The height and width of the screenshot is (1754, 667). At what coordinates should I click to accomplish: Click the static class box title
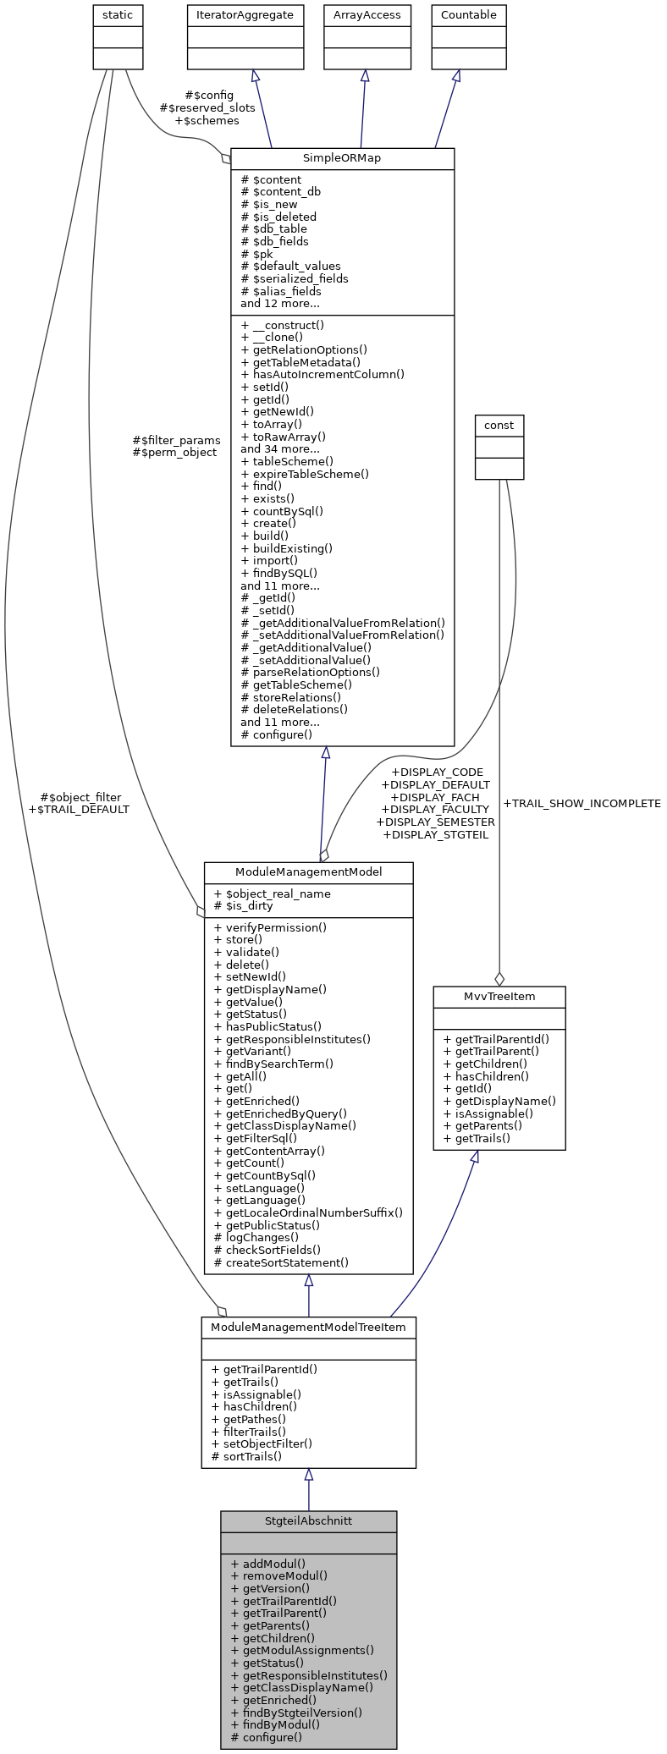117,15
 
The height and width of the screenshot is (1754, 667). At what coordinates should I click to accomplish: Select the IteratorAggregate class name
245,15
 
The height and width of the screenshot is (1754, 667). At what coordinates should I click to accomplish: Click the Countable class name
468,15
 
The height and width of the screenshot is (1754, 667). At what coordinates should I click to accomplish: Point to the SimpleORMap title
342,158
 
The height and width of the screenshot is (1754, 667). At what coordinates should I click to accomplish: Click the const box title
499,425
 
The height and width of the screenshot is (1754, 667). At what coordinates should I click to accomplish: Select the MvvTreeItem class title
499,996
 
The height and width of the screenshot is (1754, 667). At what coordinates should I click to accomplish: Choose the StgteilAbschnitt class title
308,1520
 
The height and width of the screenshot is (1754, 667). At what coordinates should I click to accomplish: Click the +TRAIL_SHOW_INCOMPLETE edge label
582,803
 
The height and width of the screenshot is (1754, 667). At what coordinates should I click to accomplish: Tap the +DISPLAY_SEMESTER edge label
435,822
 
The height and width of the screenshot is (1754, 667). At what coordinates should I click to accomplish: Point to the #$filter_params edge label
176,440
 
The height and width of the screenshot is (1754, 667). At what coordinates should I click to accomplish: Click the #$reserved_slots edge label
207,107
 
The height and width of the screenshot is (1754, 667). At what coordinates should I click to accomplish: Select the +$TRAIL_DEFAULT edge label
79,809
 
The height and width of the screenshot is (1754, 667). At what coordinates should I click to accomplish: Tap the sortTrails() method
251,1456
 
